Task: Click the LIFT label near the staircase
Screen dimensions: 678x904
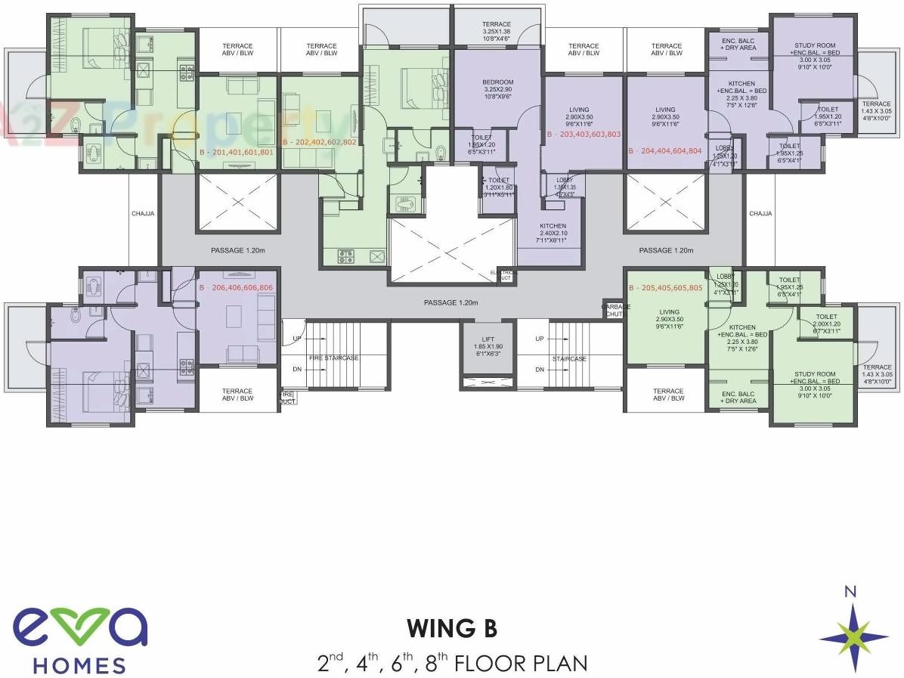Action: tap(488, 340)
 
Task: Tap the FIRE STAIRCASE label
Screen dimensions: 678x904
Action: tap(333, 358)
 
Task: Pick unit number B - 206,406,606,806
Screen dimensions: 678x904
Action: tap(236, 288)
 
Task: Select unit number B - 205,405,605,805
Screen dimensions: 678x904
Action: tap(666, 288)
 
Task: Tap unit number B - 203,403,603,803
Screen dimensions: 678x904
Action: tap(583, 134)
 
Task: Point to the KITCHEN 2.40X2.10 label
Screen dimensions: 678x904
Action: tap(553, 234)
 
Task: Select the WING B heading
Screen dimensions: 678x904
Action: tap(452, 629)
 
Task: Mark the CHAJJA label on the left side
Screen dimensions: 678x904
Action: tap(143, 214)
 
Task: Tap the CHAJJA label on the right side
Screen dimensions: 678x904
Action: tap(760, 214)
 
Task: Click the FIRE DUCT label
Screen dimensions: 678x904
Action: tap(287, 398)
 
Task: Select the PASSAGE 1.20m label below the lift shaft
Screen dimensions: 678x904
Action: tap(451, 302)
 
